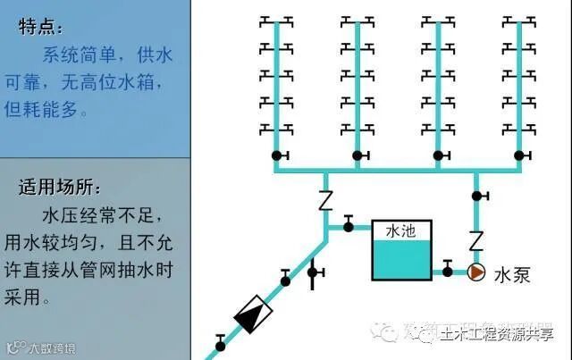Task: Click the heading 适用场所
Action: (x=60, y=188)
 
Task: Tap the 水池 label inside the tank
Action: (x=400, y=231)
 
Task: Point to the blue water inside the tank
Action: (x=400, y=263)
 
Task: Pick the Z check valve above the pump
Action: (x=476, y=239)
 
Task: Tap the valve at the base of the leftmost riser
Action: (x=277, y=157)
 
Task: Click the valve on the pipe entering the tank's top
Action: (x=349, y=221)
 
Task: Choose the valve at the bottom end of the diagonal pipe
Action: (x=221, y=339)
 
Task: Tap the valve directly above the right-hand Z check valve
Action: (x=477, y=195)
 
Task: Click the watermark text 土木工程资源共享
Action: (x=495, y=333)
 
